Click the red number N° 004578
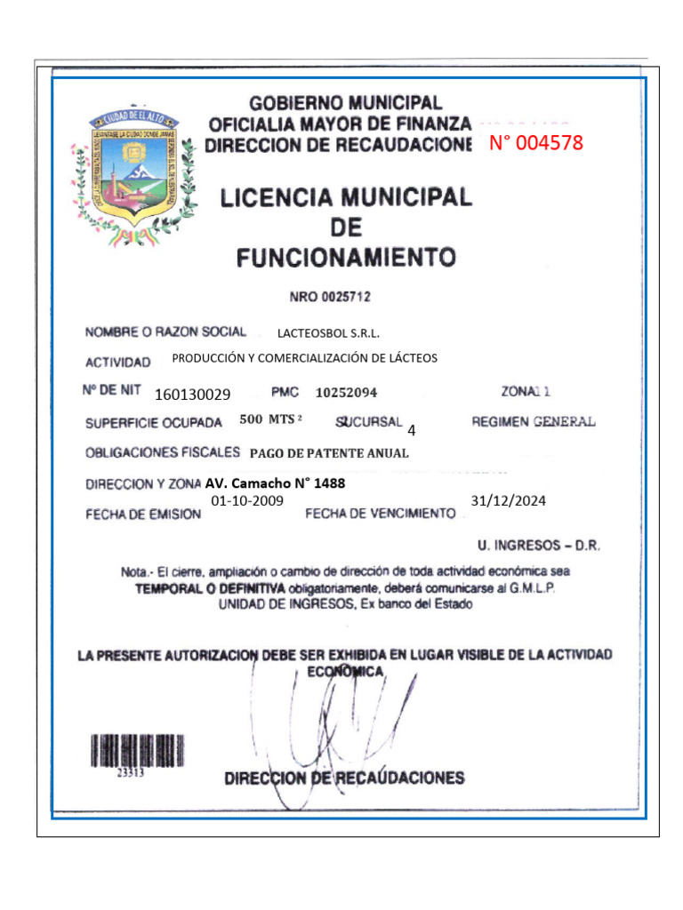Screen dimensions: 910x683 click(x=536, y=143)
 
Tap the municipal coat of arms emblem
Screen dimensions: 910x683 click(x=136, y=175)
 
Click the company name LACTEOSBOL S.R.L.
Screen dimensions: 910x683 click(x=328, y=334)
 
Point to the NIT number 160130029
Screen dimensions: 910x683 click(x=192, y=395)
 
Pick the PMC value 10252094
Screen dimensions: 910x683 click(x=346, y=392)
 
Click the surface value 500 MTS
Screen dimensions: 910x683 click(x=271, y=419)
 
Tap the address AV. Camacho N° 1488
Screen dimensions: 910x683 click(x=275, y=484)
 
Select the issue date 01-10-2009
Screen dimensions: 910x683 click(x=247, y=501)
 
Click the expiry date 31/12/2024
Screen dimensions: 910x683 click(x=509, y=501)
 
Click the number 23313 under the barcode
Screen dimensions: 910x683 click(x=132, y=773)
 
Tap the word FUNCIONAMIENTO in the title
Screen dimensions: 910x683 click(x=346, y=259)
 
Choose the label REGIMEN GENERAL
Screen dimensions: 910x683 click(x=534, y=422)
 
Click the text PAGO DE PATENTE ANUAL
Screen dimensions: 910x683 click(x=329, y=453)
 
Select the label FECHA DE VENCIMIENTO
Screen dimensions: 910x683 click(x=380, y=514)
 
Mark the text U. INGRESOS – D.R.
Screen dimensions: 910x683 click(x=539, y=545)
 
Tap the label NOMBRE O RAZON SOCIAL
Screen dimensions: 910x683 click(x=165, y=332)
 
